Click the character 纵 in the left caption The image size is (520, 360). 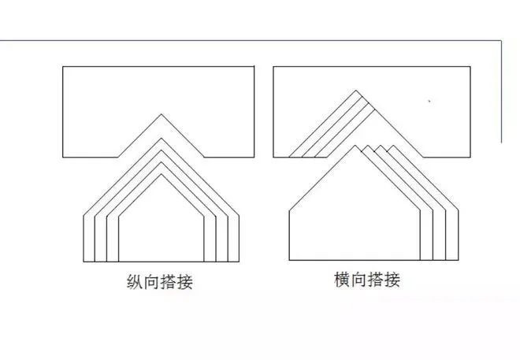pyautogui.click(x=135, y=282)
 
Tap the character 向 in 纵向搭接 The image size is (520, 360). pyautogui.click(x=151, y=282)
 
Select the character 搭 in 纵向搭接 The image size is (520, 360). pyautogui.click(x=168, y=282)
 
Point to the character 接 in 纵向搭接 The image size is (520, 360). pyautogui.click(x=184, y=282)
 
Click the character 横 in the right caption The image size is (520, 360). pyautogui.click(x=342, y=280)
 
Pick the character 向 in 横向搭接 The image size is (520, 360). pyautogui.click(x=358, y=280)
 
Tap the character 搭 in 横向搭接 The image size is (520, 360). pyautogui.click(x=375, y=280)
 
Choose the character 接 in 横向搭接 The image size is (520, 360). pyautogui.click(x=392, y=280)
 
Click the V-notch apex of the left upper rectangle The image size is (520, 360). pyautogui.click(x=162, y=114)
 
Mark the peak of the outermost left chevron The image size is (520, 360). pyautogui.click(x=162, y=138)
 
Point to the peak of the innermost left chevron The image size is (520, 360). pyautogui.click(x=162, y=174)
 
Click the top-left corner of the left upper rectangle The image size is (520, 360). pyautogui.click(x=63, y=67)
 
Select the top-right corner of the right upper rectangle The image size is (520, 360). pyautogui.click(x=470, y=67)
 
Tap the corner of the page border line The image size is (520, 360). pyautogui.click(x=501, y=41)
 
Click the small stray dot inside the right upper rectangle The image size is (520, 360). pyautogui.click(x=429, y=101)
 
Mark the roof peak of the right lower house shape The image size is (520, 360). pyautogui.click(x=355, y=145)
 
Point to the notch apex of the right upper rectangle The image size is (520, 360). pyautogui.click(x=356, y=90)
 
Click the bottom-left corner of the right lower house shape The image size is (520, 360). pyautogui.click(x=289, y=260)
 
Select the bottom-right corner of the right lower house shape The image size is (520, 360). pyautogui.click(x=459, y=260)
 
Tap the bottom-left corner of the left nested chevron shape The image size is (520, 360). pyautogui.click(x=84, y=262)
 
